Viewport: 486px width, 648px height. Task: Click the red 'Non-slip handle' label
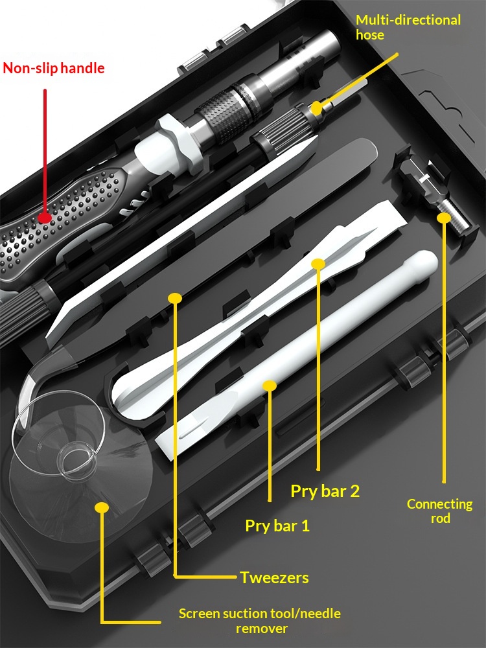(x=54, y=68)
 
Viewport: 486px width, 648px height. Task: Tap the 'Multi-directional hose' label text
(x=408, y=27)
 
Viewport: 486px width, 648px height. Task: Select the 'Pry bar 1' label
(x=277, y=526)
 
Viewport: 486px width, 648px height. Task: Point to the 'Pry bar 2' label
(x=325, y=491)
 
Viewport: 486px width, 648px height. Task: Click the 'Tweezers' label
(x=274, y=577)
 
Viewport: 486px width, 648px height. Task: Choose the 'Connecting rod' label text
(x=440, y=511)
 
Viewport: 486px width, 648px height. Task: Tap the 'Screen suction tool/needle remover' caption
(x=260, y=621)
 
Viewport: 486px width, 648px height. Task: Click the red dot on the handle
(x=45, y=218)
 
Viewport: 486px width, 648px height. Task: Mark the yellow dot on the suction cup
(x=102, y=507)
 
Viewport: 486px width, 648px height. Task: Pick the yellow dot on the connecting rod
(x=444, y=217)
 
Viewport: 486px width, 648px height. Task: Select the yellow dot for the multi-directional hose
(x=316, y=108)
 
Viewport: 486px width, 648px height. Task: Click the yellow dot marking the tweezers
(x=175, y=298)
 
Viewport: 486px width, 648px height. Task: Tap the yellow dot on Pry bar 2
(x=318, y=264)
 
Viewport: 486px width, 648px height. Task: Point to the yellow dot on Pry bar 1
(x=270, y=386)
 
